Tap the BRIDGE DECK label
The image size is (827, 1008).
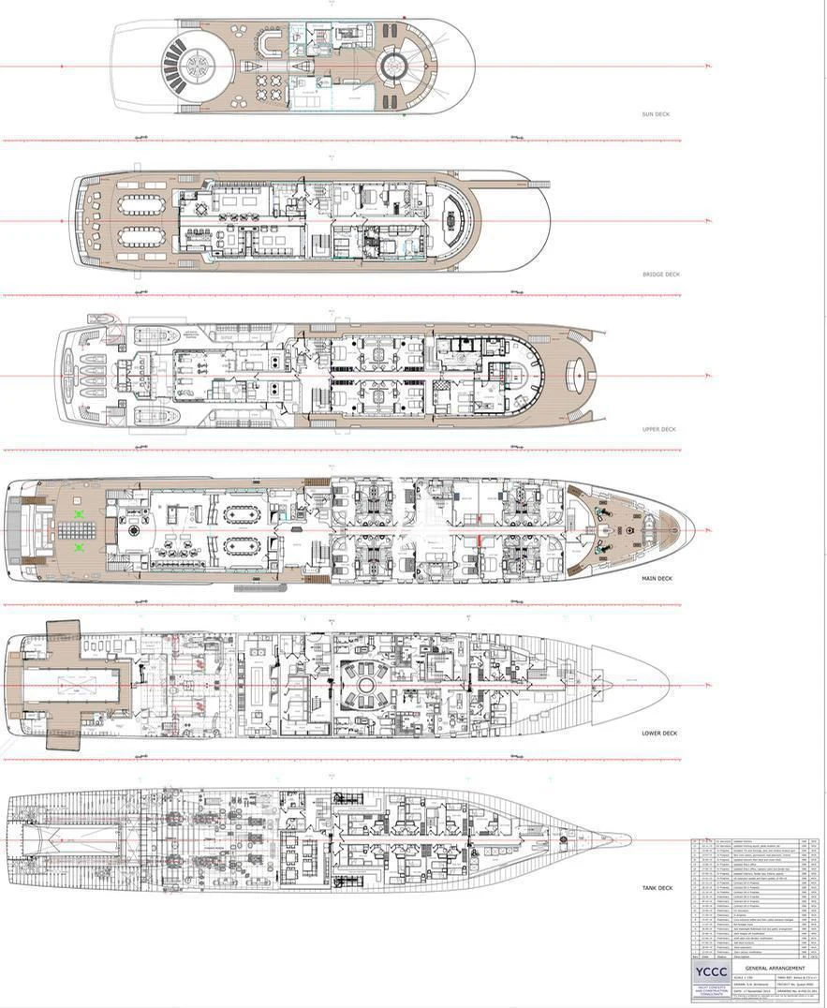pos(660,274)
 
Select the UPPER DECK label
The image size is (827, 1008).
pos(658,429)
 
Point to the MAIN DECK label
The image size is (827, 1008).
pos(657,578)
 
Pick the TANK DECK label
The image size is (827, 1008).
pos(657,888)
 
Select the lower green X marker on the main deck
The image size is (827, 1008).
pos(79,546)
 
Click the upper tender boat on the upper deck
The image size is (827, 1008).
pos(155,335)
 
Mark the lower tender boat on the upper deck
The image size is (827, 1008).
pos(155,415)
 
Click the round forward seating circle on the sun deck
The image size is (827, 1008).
pos(392,65)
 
